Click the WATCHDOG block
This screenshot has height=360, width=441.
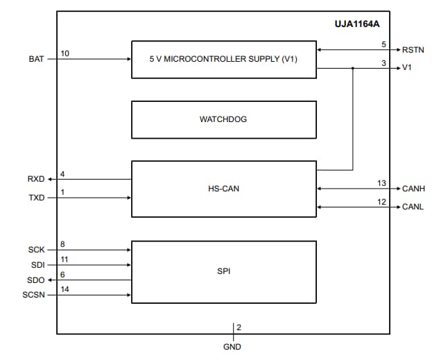(223, 119)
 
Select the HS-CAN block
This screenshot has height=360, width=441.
(223, 188)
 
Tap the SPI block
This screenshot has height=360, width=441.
(223, 271)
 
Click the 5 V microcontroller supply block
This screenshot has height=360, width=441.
(223, 59)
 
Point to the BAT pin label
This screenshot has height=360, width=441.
(36, 59)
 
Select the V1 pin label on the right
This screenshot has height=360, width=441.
(407, 68)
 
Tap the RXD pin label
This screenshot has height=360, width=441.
(35, 180)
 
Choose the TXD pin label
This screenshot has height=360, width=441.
(36, 198)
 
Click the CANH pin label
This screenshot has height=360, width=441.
(414, 188)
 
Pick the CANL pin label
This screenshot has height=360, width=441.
(413, 207)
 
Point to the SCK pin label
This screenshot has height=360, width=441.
(36, 249)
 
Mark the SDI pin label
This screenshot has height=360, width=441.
(37, 265)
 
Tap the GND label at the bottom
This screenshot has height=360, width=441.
(233, 347)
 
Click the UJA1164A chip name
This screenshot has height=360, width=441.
(358, 24)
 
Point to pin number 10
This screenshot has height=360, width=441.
(64, 53)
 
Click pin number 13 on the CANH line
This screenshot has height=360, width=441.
(381, 183)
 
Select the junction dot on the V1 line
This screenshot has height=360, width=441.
(353, 68)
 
